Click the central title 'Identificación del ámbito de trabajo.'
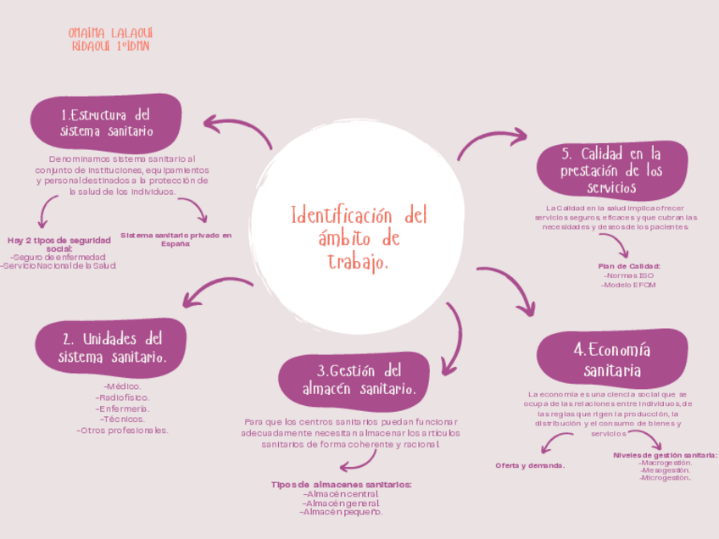click(359, 237)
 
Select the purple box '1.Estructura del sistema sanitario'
click(106, 123)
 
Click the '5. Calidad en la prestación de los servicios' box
click(611, 169)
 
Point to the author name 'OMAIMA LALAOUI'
click(111, 32)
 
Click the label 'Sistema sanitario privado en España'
click(176, 239)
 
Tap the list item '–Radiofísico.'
click(123, 397)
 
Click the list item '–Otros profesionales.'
click(123, 430)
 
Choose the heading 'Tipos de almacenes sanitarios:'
click(342, 484)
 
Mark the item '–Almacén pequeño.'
click(342, 511)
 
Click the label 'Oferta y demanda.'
click(530, 465)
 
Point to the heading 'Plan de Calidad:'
click(629, 266)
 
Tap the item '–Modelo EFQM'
click(628, 285)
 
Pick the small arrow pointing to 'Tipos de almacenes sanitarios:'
click(356, 461)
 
